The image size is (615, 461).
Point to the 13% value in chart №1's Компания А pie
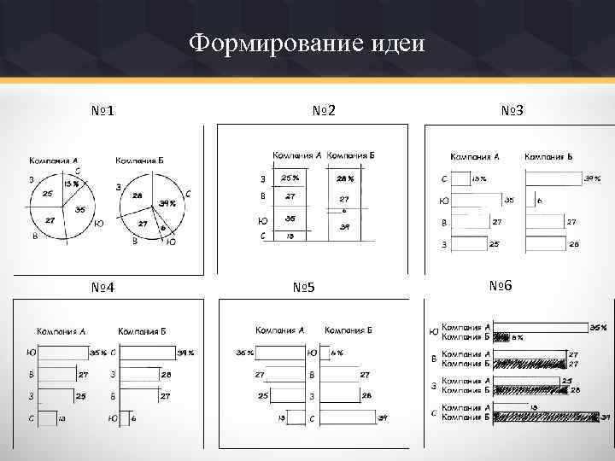[70, 184]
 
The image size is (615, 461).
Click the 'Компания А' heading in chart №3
[475, 157]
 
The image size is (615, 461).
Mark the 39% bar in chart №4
[145, 352]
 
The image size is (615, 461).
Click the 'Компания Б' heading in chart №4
[142, 330]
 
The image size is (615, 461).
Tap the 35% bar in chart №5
[281, 352]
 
